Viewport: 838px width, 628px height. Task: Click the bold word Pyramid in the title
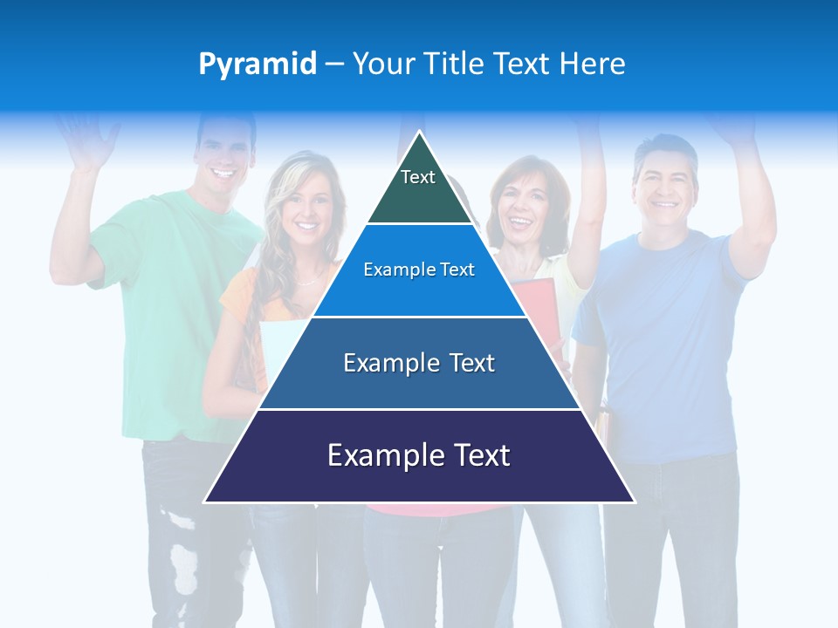pos(258,65)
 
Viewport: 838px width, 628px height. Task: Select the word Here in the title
pos(592,64)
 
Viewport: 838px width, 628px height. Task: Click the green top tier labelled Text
pos(418,188)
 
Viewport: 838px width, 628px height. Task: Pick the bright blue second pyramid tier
pos(419,270)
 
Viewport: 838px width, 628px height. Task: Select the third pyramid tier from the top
pos(419,363)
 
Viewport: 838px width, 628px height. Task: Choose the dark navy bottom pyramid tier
pos(419,455)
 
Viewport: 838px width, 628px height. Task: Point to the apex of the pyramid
pos(419,133)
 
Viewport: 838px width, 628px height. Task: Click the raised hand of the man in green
pos(87,140)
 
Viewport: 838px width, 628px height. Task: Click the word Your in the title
pos(382,64)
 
